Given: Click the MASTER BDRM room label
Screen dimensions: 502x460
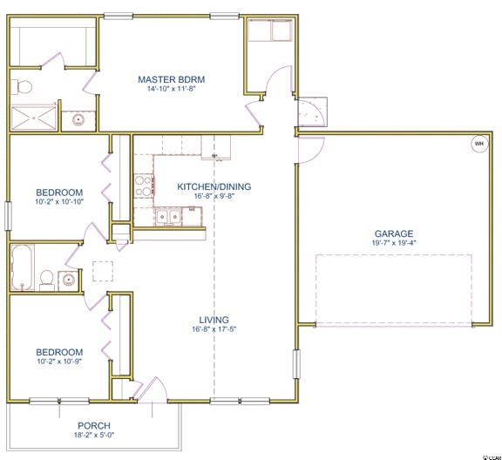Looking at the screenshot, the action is coord(172,79).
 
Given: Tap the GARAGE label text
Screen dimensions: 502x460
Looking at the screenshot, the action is coord(394,233).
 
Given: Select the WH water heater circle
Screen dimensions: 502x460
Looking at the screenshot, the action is coord(479,144).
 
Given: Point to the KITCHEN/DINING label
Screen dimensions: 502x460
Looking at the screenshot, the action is coord(214,186).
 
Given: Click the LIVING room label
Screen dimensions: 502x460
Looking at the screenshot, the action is coord(214,320).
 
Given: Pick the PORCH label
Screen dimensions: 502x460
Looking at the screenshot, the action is coord(94,426).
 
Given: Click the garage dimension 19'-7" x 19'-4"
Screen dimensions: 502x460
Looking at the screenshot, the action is coord(394,243).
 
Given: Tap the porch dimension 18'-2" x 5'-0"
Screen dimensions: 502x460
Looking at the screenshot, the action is coord(94,435).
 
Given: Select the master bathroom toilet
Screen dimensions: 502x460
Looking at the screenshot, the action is coord(21,87).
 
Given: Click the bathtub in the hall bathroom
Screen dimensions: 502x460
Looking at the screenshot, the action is coord(23,267).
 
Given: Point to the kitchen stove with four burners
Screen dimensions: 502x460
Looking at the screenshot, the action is coord(144,186).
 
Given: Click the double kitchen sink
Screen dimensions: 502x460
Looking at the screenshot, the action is coord(168,217).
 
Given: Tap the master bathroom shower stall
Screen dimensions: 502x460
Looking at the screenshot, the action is coord(34,118).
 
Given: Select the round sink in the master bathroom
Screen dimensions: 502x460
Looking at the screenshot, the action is coord(78,120).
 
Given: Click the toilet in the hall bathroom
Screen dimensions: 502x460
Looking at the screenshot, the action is coord(47,281).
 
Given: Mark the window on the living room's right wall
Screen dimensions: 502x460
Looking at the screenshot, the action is coord(297,364).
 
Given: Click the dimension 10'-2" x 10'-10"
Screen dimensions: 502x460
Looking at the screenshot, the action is coord(59,201).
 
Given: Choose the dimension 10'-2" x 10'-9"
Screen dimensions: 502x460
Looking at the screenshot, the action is coord(59,362).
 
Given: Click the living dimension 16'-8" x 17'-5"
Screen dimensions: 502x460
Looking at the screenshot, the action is coord(214,329).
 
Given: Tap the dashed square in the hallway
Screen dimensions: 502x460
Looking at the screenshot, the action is coord(103,271).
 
